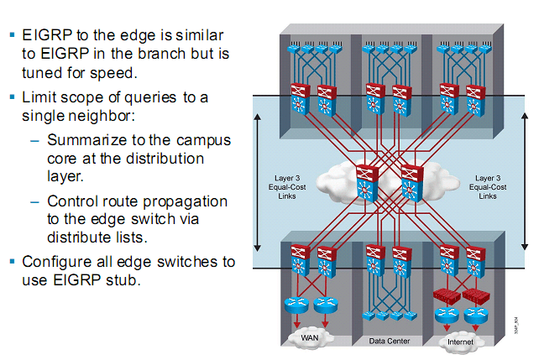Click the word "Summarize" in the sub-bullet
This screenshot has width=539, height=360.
pyautogui.click(x=86, y=140)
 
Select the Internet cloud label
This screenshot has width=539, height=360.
pyautogui.click(x=461, y=342)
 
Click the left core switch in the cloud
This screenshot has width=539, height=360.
pyautogui.click(x=367, y=184)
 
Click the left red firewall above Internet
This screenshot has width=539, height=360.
pyautogui.click(x=445, y=296)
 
